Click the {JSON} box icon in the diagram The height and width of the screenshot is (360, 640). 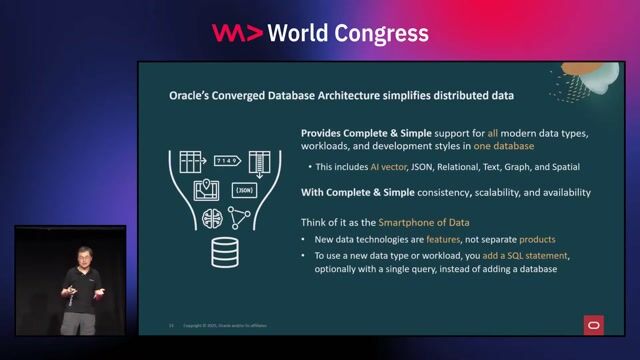point(243,189)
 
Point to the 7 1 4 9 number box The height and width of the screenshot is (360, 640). point(226,160)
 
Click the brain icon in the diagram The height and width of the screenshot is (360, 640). point(212,218)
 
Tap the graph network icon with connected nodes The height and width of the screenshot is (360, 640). point(240,217)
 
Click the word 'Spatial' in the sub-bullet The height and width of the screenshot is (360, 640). point(561,167)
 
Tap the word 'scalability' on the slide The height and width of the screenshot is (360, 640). point(471,192)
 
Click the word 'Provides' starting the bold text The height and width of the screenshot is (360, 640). point(327,132)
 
